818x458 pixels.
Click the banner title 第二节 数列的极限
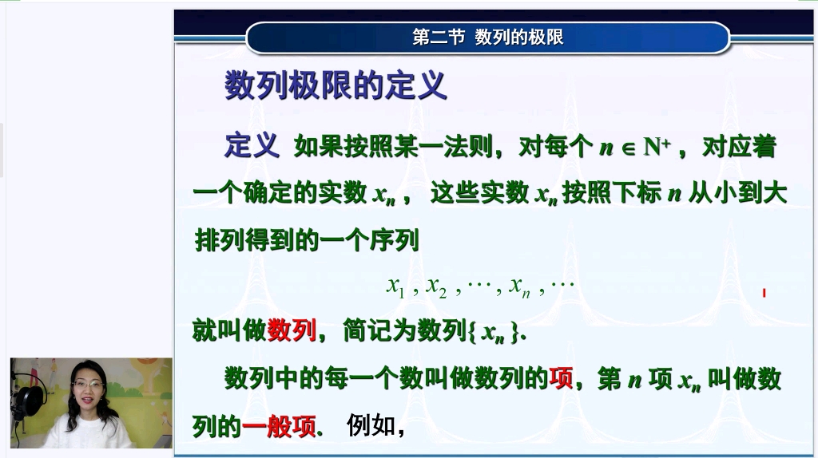[487, 38]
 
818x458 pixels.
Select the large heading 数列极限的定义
[335, 86]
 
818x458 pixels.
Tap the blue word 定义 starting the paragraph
[252, 146]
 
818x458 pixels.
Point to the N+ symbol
[657, 147]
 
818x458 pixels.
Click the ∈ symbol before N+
[628, 148]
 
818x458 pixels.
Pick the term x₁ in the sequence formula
[396, 286]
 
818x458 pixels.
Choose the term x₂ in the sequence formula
[436, 286]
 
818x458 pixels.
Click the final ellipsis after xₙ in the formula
[562, 284]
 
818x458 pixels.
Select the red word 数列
[292, 330]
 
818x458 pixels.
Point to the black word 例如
[371, 426]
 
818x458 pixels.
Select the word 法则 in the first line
[469, 147]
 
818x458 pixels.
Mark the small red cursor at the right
[764, 293]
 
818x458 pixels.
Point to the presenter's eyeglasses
[88, 385]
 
